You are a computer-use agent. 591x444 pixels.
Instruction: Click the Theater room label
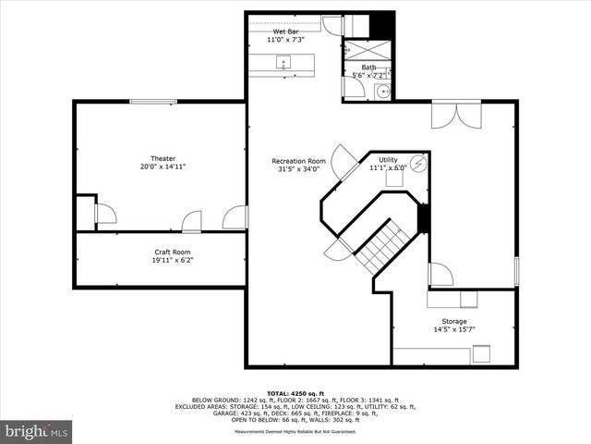click(163, 158)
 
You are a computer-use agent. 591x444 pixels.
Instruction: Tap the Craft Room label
click(173, 252)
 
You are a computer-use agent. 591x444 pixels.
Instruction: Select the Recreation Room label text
click(298, 159)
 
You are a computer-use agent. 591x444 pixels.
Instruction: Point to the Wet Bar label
click(285, 32)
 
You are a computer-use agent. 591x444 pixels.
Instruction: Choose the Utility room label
click(388, 159)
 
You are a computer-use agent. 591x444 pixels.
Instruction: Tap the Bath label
click(368, 67)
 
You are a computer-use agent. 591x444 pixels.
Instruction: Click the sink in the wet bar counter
click(283, 62)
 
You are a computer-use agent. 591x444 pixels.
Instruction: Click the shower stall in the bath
click(368, 50)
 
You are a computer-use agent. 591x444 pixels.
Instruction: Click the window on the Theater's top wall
click(153, 102)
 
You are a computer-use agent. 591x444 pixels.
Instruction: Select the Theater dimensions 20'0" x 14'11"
click(163, 167)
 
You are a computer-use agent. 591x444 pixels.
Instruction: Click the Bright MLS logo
click(37, 431)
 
